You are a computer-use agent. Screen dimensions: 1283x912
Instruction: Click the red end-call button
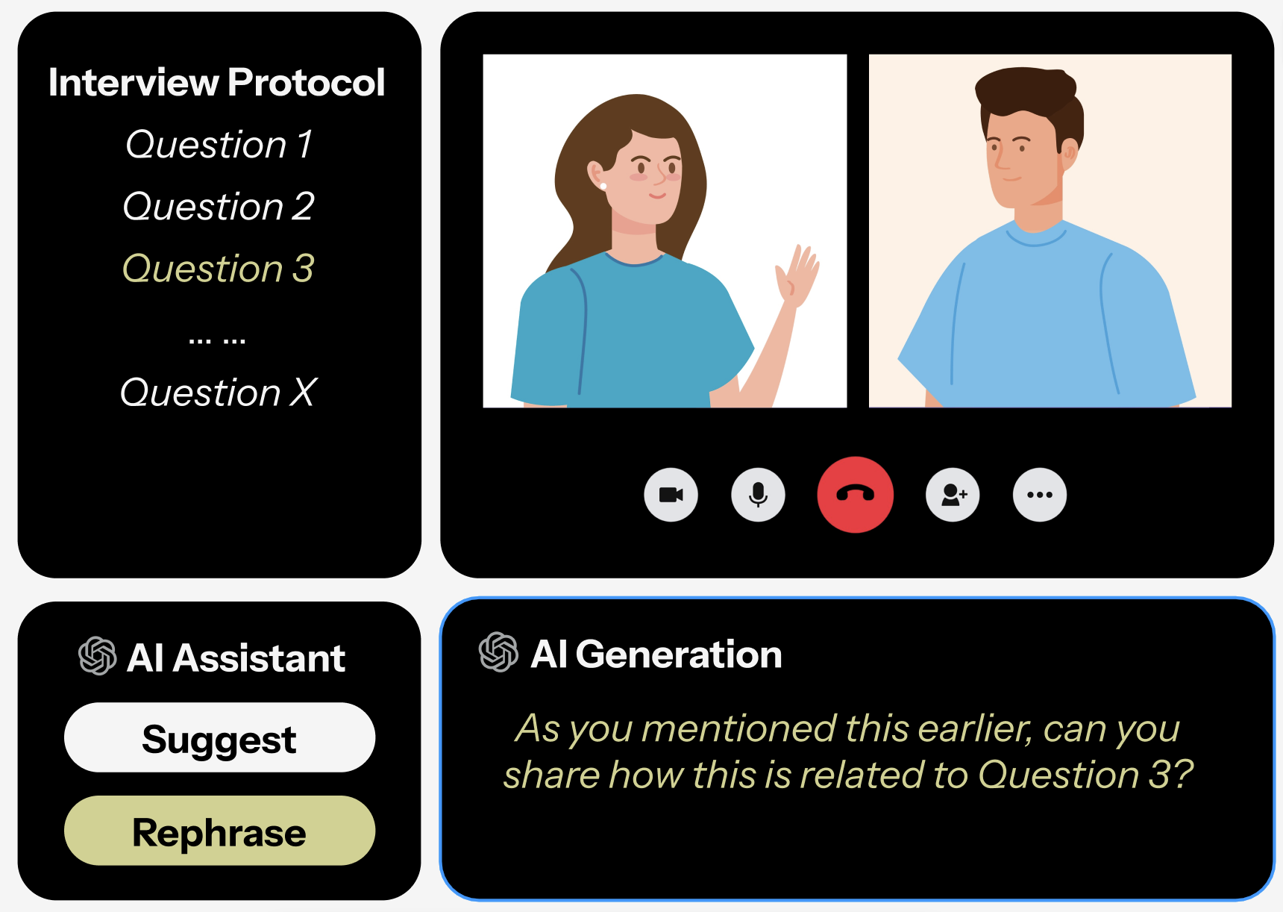tap(855, 494)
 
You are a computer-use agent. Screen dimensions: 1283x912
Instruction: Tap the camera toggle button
tap(671, 494)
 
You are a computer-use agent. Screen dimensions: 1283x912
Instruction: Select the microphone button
tap(758, 494)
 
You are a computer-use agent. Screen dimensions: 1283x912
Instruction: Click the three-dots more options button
tap(1039, 494)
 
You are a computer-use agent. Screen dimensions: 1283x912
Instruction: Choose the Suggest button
tap(219, 737)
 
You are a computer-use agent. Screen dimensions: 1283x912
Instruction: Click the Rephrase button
tap(219, 831)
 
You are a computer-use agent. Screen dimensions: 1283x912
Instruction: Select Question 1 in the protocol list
tap(219, 144)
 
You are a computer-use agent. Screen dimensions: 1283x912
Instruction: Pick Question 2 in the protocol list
tap(219, 206)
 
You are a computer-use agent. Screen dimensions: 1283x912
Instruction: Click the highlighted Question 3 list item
tap(219, 268)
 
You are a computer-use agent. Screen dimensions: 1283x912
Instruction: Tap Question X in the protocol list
tap(219, 392)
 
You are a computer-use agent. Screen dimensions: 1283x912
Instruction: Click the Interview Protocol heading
tap(216, 82)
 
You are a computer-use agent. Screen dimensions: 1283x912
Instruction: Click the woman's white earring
tap(603, 186)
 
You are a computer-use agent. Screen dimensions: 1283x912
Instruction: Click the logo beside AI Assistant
tap(98, 656)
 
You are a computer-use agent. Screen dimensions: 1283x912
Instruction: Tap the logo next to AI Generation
tap(498, 652)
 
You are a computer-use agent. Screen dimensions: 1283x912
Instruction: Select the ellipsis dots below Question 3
tap(217, 341)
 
